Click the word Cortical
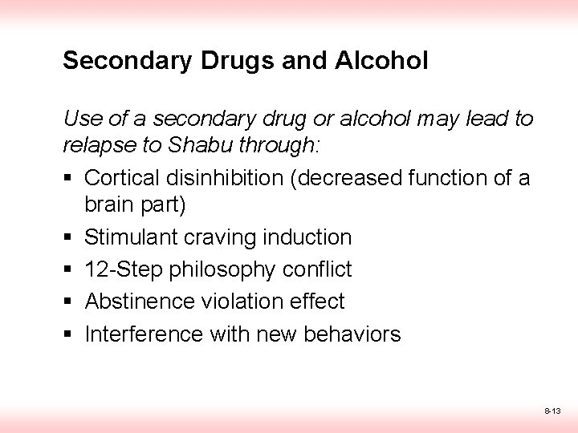[123, 176]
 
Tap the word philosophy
[217, 269]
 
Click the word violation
[229, 301]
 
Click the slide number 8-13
[552, 411]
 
